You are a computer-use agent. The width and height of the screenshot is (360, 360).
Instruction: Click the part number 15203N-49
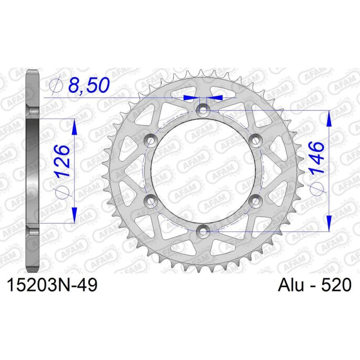point(53,285)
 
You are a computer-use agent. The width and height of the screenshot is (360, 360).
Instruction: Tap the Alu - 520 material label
point(315,285)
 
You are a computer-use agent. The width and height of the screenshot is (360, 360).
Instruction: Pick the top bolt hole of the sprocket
point(203,109)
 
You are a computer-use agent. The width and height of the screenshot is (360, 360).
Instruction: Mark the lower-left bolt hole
point(150,201)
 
